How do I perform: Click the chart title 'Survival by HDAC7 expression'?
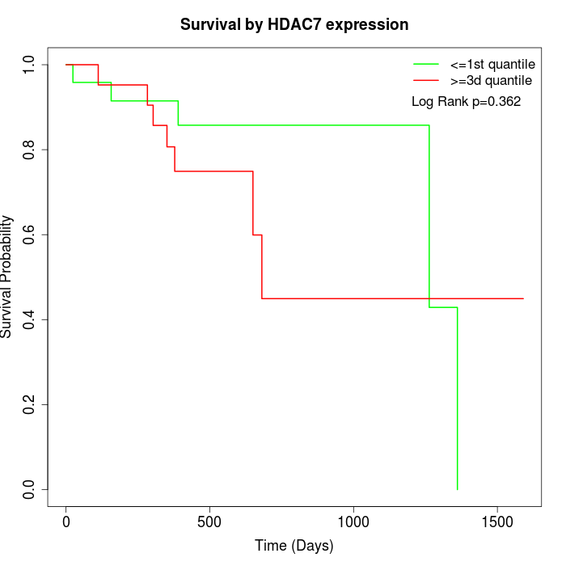pos(294,24)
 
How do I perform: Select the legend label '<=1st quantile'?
pos(492,63)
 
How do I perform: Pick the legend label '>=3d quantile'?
pos(492,80)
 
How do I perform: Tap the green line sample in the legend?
pos(426,63)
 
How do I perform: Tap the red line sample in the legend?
pos(426,80)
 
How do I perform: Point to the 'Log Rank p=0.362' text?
pos(466,102)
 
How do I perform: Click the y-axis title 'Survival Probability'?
pos(7,277)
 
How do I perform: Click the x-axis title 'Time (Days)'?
pos(294,546)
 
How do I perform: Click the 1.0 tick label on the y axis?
pos(30,65)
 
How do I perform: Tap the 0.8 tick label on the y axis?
pos(30,150)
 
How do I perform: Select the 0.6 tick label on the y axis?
pos(30,234)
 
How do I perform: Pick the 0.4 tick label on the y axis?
pos(30,319)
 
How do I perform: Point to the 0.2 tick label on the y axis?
pos(30,404)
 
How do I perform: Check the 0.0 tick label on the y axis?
pos(30,489)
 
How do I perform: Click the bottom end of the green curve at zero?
pos(458,489)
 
